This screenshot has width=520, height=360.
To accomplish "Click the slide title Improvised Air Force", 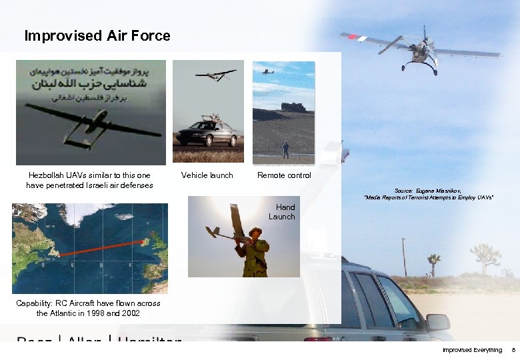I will tap(97, 36).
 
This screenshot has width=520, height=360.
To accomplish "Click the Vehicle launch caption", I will tap(207, 175).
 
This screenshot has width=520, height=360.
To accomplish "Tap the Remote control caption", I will tap(285, 175).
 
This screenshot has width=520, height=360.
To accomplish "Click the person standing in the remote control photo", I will tap(286, 149).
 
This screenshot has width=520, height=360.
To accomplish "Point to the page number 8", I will tap(513, 350).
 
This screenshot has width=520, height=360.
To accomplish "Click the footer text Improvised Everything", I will tap(472, 350).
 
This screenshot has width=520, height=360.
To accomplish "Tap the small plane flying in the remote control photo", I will tap(267, 71).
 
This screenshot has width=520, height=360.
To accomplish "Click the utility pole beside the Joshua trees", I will tap(404, 257).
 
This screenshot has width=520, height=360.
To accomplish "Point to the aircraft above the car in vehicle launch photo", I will tap(215, 75).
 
